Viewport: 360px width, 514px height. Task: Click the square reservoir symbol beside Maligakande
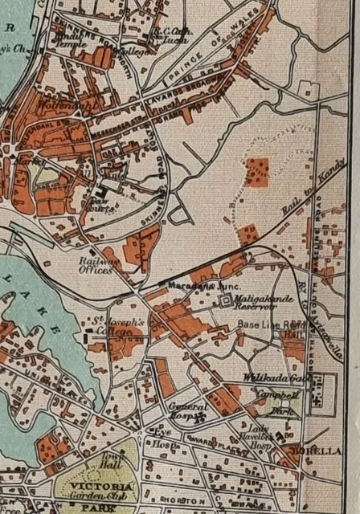225,302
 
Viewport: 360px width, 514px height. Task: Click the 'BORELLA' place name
306,450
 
